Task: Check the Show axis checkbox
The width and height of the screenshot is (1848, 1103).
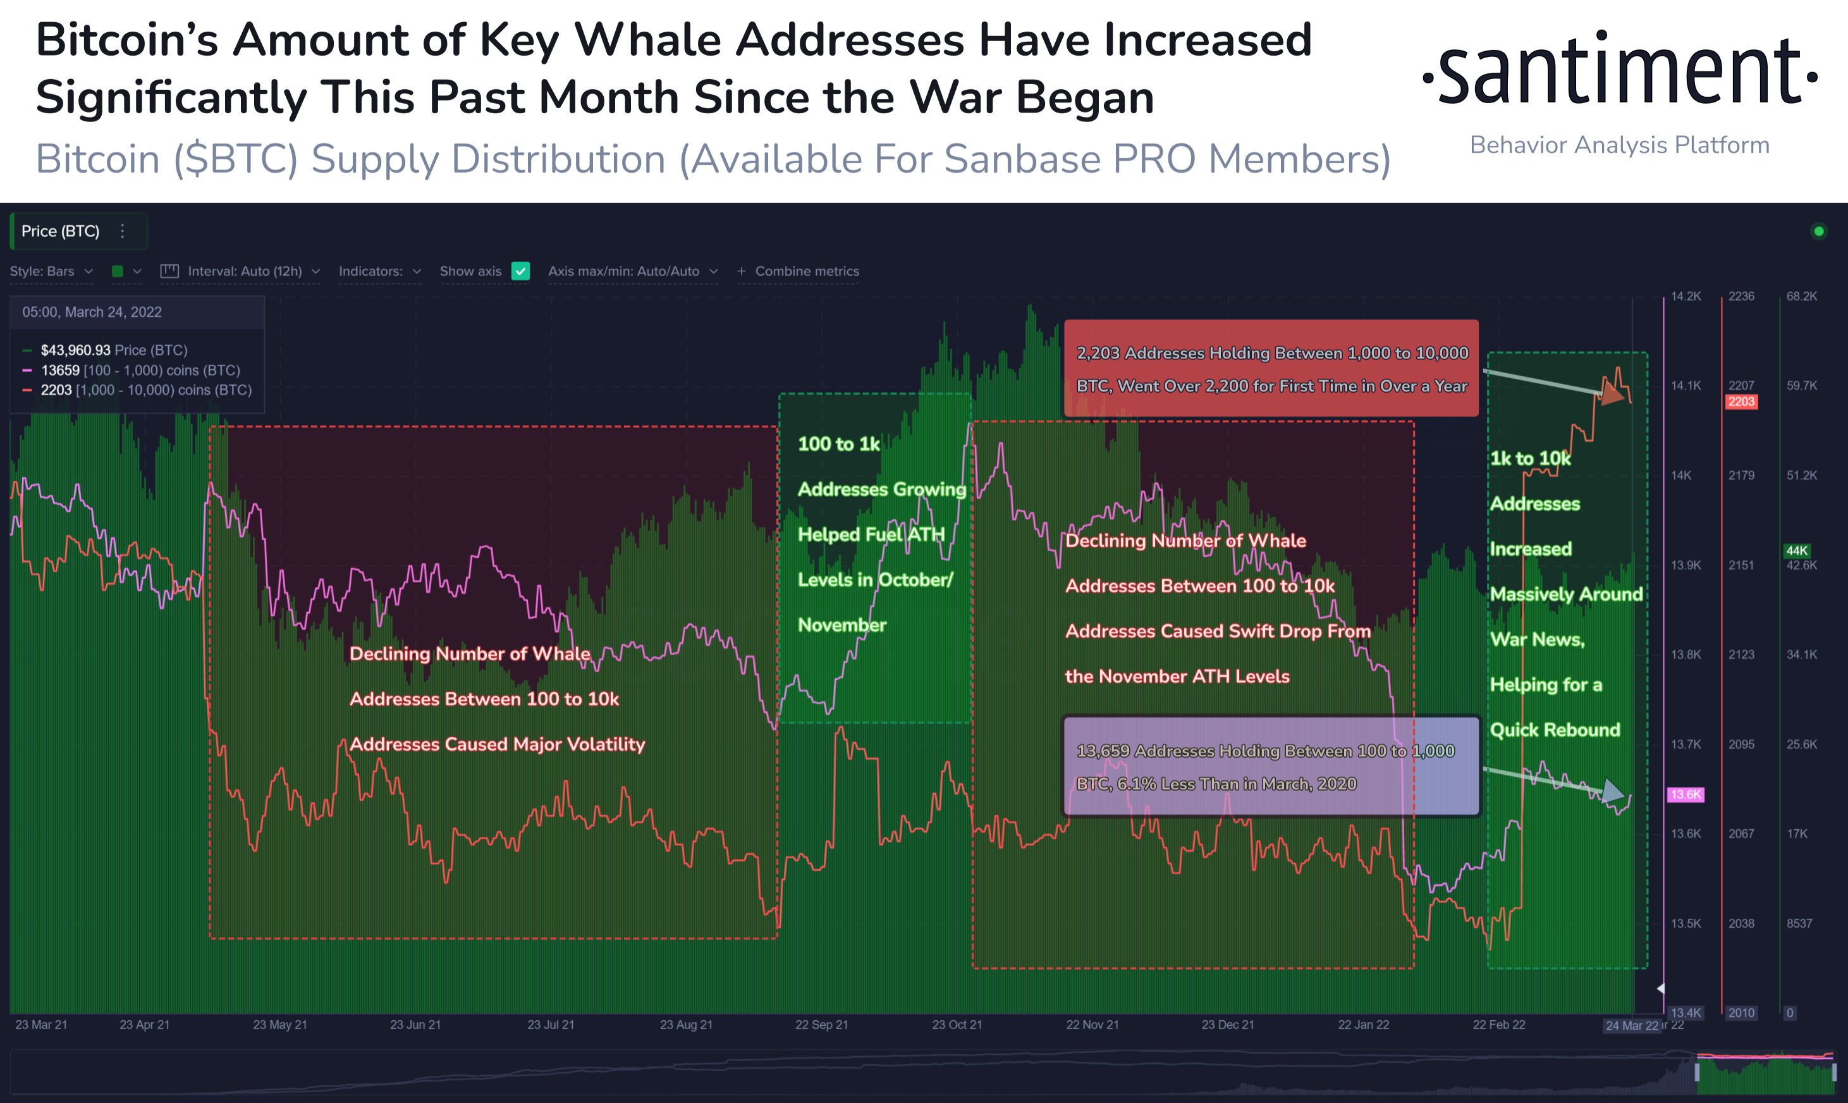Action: click(521, 271)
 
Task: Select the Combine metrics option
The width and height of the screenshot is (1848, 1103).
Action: click(799, 271)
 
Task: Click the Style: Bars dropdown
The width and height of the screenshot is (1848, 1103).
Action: click(51, 271)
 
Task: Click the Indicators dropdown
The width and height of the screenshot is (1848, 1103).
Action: click(379, 271)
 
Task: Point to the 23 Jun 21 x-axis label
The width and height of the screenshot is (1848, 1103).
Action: click(415, 1025)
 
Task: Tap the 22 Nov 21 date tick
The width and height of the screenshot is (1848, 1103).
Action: click(1092, 1025)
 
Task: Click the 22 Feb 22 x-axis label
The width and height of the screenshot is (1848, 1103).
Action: click(1499, 1025)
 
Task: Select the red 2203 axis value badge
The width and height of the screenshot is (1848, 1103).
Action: click(1741, 402)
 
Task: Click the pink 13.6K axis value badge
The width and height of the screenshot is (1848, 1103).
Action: click(1686, 794)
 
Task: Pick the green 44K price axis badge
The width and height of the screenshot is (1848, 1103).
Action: click(1797, 551)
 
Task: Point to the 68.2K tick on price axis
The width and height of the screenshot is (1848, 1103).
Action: click(1802, 297)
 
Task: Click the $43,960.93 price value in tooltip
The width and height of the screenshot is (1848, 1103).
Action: click(75, 350)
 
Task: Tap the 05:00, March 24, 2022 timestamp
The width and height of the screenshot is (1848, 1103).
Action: click(92, 312)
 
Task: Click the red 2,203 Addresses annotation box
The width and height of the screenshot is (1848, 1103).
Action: click(1271, 368)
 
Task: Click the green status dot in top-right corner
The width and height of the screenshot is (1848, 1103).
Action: click(1818, 231)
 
